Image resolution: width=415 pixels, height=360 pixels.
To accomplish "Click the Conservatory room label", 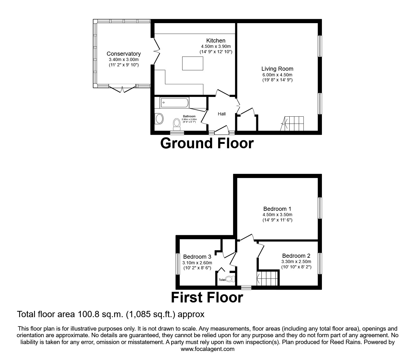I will click(x=123, y=54).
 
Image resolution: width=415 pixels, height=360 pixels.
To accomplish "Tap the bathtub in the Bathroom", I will click(x=174, y=102).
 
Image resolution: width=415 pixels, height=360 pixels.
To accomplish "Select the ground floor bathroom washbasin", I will click(x=159, y=119).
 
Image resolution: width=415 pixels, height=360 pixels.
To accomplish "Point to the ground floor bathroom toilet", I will click(x=177, y=124).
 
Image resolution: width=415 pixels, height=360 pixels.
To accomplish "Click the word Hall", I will click(x=222, y=114).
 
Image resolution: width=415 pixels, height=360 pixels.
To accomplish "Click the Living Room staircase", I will click(x=294, y=124).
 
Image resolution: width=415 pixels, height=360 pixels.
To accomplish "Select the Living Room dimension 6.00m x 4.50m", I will click(x=277, y=75).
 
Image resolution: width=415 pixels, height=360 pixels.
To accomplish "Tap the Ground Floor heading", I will click(x=207, y=143).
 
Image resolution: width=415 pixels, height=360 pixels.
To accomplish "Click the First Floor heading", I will click(x=207, y=297).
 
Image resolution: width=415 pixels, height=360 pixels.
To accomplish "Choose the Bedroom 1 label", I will click(x=277, y=209).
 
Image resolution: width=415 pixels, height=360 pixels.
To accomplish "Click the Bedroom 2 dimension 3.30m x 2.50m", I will click(x=296, y=261).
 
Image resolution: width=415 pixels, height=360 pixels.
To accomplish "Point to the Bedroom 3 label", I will click(x=197, y=257).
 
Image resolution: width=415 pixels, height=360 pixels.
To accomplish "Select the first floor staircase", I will click(x=267, y=278).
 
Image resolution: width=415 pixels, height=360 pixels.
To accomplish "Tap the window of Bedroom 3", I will click(x=177, y=264).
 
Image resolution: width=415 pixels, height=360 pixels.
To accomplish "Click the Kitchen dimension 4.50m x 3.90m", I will click(x=216, y=46).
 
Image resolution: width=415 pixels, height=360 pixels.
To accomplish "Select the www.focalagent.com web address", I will click(x=207, y=349).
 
